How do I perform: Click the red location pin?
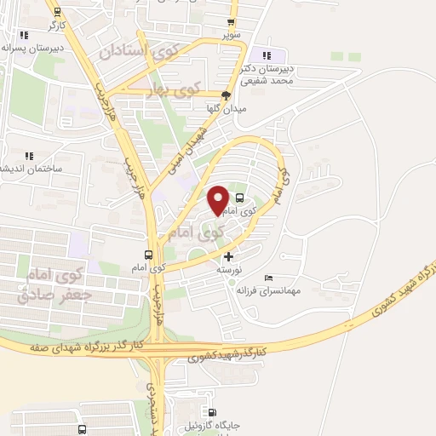[x=218, y=200]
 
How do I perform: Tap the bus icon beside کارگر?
[x=57, y=12]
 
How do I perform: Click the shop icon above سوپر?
[x=232, y=22]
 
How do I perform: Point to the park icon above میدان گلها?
[x=226, y=95]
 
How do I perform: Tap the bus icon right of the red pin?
[x=238, y=198]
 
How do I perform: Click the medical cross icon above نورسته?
[x=227, y=256]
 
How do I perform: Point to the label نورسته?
[x=230, y=269]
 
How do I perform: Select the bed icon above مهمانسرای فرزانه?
[x=269, y=278]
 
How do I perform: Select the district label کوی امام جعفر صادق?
[x=56, y=284]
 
